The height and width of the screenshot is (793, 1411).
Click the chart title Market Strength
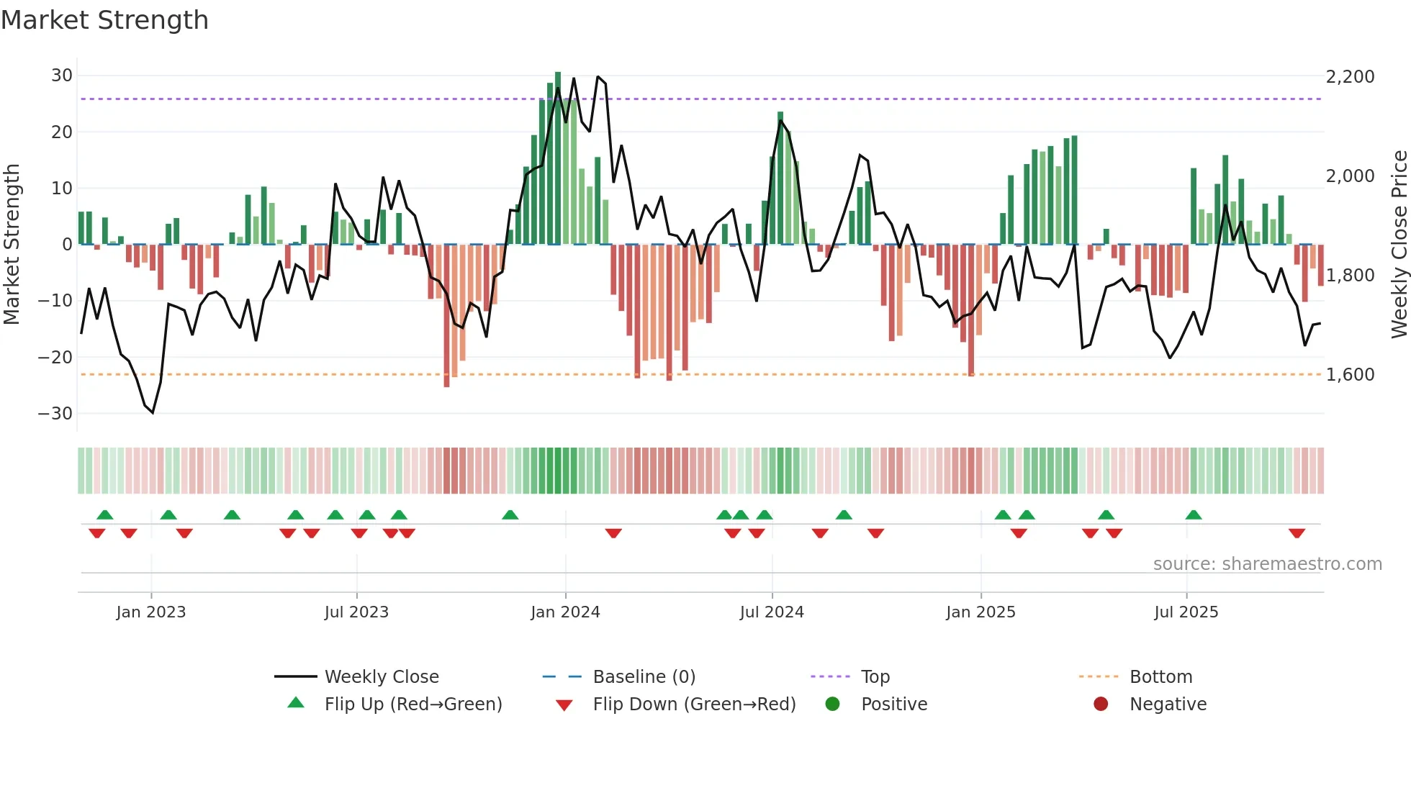[x=104, y=20]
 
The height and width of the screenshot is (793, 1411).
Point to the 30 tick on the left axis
[x=62, y=76]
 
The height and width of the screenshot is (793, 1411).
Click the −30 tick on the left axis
[x=55, y=414]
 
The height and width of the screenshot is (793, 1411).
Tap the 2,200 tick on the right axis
[x=1350, y=77]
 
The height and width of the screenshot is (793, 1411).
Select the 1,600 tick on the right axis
[x=1350, y=375]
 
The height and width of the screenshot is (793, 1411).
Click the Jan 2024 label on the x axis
[x=565, y=612]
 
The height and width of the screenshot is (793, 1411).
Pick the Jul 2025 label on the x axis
[x=1186, y=612]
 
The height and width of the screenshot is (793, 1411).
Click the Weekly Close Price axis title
[x=1399, y=245]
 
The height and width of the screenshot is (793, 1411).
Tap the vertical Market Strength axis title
[x=12, y=245]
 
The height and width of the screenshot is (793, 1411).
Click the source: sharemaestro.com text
[x=1267, y=564]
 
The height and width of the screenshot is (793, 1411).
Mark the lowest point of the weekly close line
[x=153, y=413]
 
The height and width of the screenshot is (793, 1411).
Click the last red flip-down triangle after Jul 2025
[x=1297, y=533]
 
